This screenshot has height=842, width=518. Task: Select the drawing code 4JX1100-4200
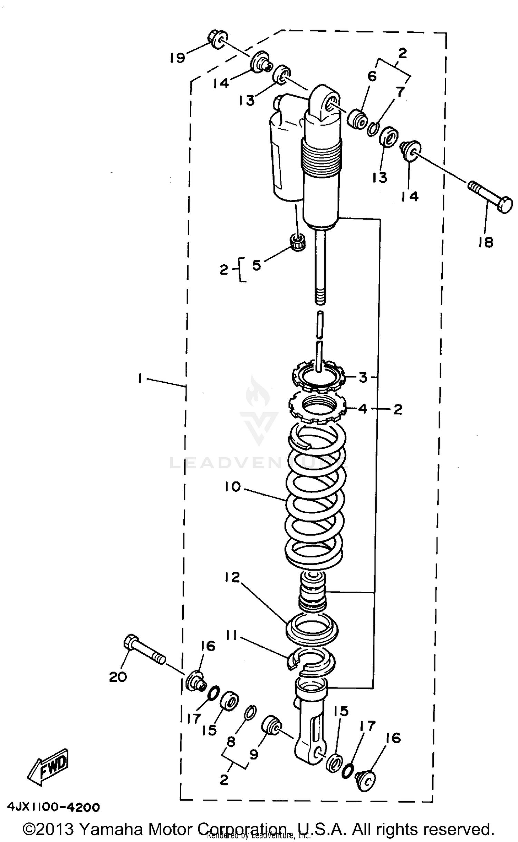click(53, 804)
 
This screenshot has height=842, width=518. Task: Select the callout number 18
click(486, 243)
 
